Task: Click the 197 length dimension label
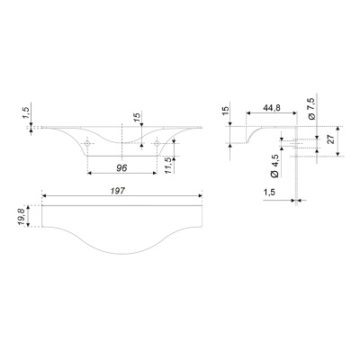(118, 192)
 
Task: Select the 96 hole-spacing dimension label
(121, 168)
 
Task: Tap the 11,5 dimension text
(168, 165)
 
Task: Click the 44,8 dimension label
(271, 108)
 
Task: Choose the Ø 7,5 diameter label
(311, 109)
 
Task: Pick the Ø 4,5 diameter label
(274, 166)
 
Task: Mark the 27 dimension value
(330, 139)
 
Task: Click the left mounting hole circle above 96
(87, 144)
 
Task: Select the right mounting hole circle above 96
(157, 144)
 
